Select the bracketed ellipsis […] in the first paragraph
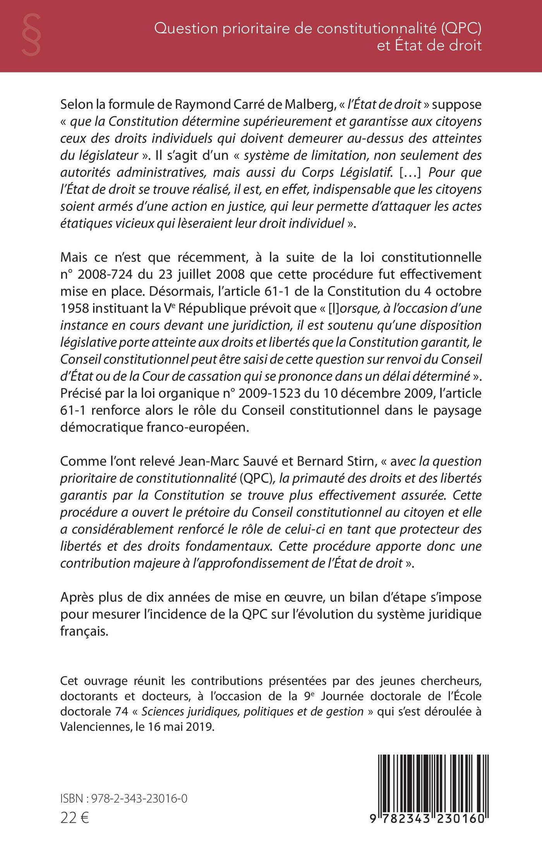click(x=411, y=172)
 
